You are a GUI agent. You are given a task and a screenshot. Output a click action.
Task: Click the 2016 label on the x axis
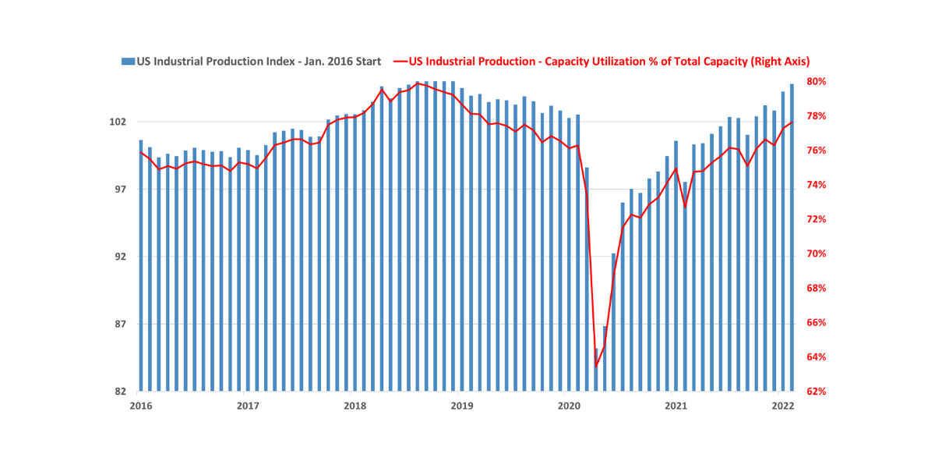pyautogui.click(x=140, y=406)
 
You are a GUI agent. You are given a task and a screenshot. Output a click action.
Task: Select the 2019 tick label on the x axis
pyautogui.click(x=462, y=406)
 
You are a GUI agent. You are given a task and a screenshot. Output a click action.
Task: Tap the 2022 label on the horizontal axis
pyautogui.click(x=783, y=406)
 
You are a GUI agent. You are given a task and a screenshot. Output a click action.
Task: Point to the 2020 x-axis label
pyautogui.click(x=570, y=406)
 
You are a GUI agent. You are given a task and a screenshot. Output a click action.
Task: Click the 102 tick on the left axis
pyautogui.click(x=118, y=122)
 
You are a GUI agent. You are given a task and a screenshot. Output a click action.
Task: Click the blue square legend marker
pyautogui.click(x=127, y=61)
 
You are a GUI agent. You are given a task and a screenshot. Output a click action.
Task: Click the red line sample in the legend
pyautogui.click(x=400, y=61)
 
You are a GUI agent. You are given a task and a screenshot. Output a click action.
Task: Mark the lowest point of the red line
pyautogui.click(x=596, y=367)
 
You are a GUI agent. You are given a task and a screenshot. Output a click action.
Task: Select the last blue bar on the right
pyautogui.click(x=792, y=234)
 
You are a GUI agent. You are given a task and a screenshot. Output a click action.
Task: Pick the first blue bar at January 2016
pyautogui.click(x=141, y=265)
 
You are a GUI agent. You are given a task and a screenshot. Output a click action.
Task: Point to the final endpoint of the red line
pyautogui.click(x=792, y=122)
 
